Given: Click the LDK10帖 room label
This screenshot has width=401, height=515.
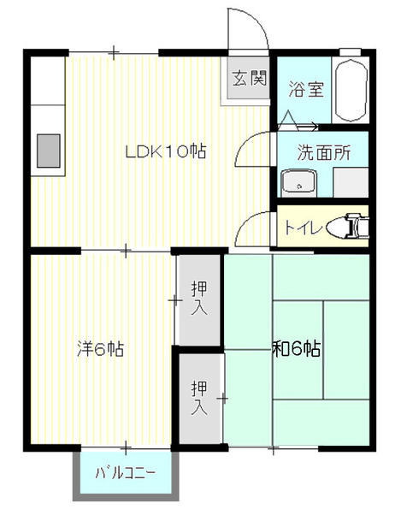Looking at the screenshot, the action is pyautogui.click(x=166, y=151).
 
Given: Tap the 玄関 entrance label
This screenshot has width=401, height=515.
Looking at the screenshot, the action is pyautogui.click(x=250, y=78).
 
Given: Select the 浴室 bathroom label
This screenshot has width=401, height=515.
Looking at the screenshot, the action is pyautogui.click(x=306, y=89).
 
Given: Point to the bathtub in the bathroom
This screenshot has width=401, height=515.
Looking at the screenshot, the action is pyautogui.click(x=351, y=91).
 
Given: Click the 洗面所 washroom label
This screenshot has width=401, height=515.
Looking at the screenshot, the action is pyautogui.click(x=324, y=152).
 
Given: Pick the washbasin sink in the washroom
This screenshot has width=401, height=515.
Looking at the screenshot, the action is pyautogui.click(x=298, y=183).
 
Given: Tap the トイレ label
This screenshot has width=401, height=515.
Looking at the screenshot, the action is pyautogui.click(x=302, y=228).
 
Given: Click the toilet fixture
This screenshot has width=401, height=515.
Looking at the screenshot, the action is pyautogui.click(x=348, y=226).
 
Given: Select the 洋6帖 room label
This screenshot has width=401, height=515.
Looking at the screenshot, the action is pyautogui.click(x=100, y=349).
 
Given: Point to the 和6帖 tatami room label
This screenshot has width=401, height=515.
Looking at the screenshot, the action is pyautogui.click(x=297, y=349).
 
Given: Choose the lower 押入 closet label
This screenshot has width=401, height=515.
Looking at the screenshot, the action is pyautogui.click(x=199, y=397).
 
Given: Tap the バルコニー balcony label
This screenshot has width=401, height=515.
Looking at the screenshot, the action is pyautogui.click(x=125, y=473).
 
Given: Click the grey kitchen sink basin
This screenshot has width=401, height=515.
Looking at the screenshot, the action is pyautogui.click(x=49, y=151).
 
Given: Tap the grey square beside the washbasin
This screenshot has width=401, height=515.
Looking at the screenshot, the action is pyautogui.click(x=351, y=182).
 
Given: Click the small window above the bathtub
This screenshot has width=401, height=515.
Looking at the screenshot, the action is pyautogui.click(x=351, y=52).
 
